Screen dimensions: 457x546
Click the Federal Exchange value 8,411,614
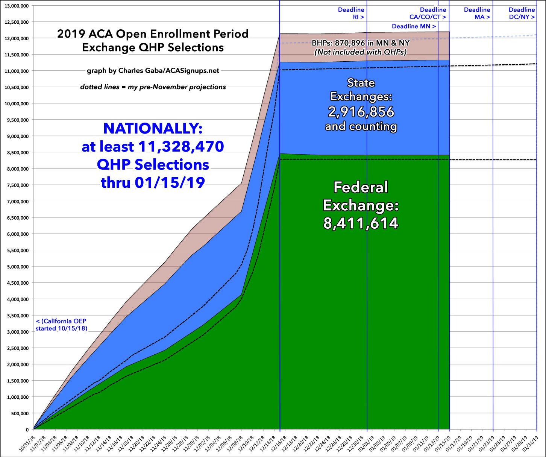pyautogui.click(x=361, y=223)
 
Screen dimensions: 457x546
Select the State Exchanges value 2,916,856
pyautogui.click(x=361, y=112)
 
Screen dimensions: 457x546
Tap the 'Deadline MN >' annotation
pyautogui.click(x=414, y=26)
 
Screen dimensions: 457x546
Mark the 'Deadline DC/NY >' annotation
pyautogui.click(x=522, y=13)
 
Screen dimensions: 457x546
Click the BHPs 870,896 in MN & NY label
pyautogui.click(x=361, y=43)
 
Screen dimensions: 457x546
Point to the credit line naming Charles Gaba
pyautogui.click(x=153, y=70)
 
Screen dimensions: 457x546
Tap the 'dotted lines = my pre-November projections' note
pyautogui.click(x=153, y=87)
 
